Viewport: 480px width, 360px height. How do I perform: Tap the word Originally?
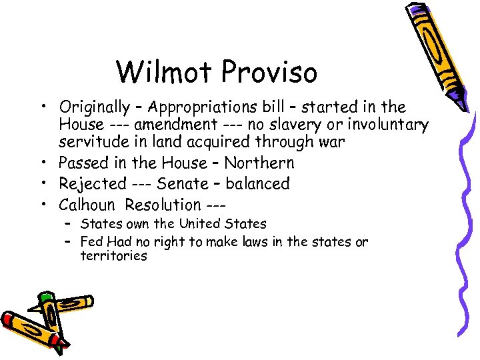click(x=94, y=107)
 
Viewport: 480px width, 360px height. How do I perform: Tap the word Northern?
click(x=259, y=163)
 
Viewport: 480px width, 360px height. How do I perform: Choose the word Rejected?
click(x=92, y=183)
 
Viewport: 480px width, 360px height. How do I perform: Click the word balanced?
click(x=257, y=183)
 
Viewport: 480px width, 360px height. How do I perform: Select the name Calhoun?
click(x=87, y=205)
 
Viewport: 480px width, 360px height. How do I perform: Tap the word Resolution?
click(x=163, y=205)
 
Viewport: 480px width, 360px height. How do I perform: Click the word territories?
click(x=113, y=256)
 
